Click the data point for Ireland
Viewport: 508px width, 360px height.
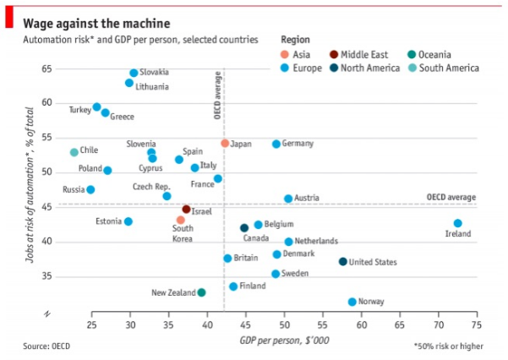tap(457, 224)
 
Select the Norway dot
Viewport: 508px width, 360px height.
tap(352, 302)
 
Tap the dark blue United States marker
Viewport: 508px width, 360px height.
tap(342, 262)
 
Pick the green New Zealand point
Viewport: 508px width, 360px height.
tap(201, 292)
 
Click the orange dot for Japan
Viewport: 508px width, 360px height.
tap(225, 144)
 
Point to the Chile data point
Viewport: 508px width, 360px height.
tap(74, 152)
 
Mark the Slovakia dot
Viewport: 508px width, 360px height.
tap(134, 74)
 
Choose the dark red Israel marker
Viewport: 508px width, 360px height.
tap(186, 209)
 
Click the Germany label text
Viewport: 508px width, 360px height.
tap(298, 144)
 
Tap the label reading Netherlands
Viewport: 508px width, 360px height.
tap(316, 241)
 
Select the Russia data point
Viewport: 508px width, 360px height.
tap(90, 189)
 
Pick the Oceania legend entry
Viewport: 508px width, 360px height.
tap(457, 54)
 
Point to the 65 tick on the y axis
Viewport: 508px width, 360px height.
tap(46, 68)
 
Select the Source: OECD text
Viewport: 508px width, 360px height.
tap(46, 346)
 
